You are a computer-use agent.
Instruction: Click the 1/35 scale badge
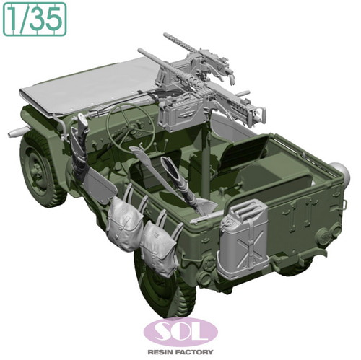[35, 19]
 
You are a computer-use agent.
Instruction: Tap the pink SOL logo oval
[180, 332]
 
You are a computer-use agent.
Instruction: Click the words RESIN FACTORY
[180, 352]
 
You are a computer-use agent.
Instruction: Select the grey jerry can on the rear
[243, 240]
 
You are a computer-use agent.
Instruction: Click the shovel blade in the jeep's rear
[206, 204]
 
